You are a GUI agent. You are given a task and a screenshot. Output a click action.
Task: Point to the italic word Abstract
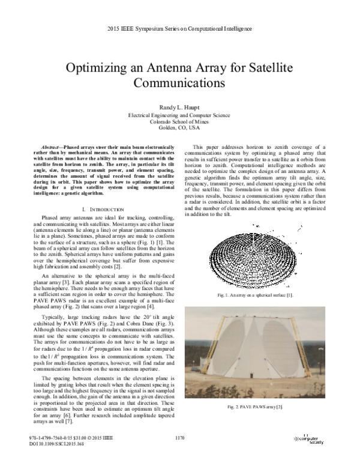tap(52, 147)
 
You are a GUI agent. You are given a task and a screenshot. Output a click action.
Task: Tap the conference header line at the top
tap(179, 29)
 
